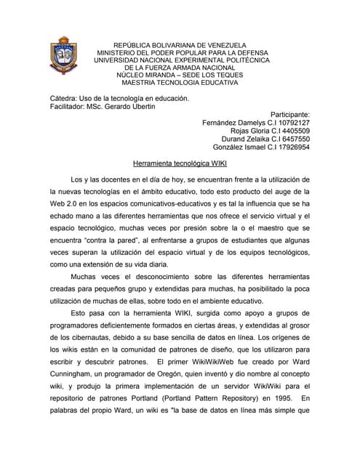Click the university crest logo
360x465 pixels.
pyautogui.click(x=63, y=60)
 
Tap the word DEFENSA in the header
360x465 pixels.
pyautogui.click(x=247, y=53)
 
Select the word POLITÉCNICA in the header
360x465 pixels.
pyautogui.click(x=244, y=61)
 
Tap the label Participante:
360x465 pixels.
pyautogui.click(x=289, y=115)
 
